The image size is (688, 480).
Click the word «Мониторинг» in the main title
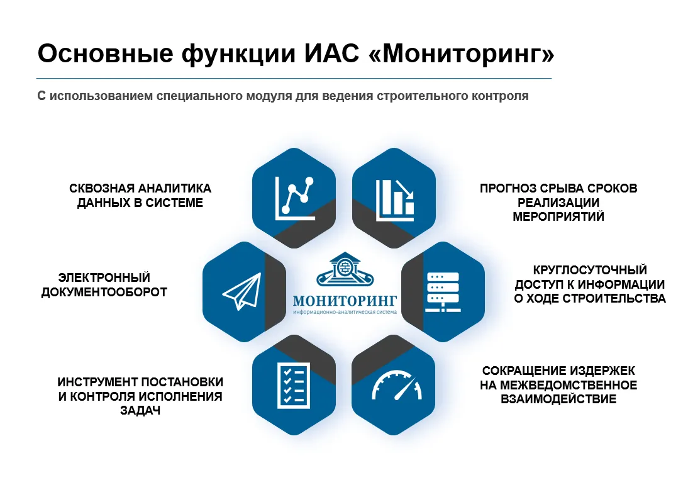[x=462, y=53]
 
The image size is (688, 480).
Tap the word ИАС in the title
[x=331, y=53]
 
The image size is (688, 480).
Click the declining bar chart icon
[x=395, y=200]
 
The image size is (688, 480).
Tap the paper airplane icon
[x=241, y=291]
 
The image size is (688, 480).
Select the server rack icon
[x=443, y=292]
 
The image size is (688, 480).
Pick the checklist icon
[x=294, y=385]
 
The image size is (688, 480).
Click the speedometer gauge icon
[x=397, y=386]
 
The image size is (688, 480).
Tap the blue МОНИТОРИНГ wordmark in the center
[x=345, y=301]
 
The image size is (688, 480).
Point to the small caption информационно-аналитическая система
[x=345, y=312]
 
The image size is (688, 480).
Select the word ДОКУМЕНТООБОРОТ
[x=104, y=292]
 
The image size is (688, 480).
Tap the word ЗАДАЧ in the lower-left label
[x=140, y=411]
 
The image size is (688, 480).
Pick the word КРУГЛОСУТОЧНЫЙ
[x=590, y=270]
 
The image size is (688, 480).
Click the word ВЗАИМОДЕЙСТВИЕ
[x=558, y=399]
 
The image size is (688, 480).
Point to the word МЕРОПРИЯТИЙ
[x=558, y=217]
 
